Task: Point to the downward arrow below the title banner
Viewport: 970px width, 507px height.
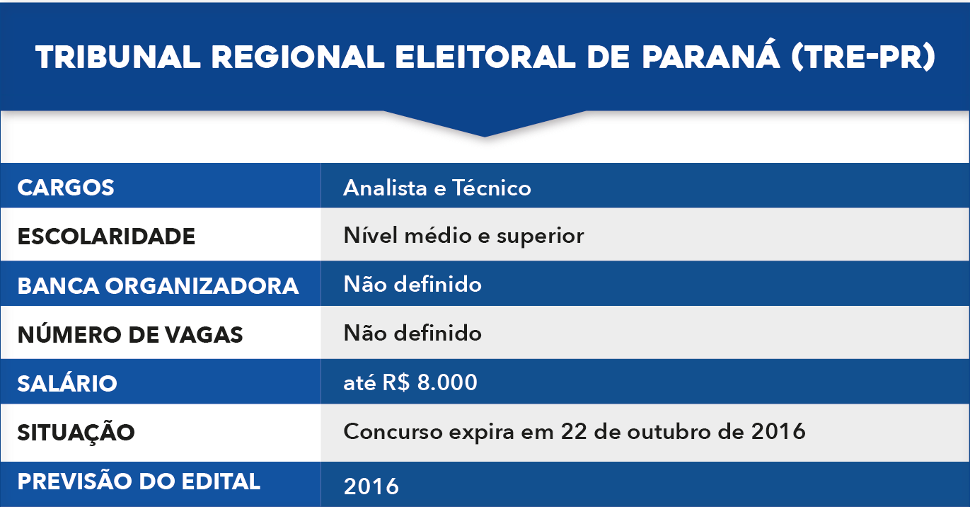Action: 485,124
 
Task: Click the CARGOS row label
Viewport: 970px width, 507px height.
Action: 66,188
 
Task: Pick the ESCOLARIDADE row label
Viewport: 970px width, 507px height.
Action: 106,236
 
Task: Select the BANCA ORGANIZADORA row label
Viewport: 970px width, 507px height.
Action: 158,285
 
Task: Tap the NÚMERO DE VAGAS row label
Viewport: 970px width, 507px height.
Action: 130,334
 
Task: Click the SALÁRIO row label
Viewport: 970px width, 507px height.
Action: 67,383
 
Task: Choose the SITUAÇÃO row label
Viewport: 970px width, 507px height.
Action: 76,431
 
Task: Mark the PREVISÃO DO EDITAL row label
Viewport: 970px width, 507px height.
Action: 139,482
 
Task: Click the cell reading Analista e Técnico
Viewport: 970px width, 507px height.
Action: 437,188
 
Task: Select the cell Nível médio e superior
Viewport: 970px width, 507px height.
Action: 463,235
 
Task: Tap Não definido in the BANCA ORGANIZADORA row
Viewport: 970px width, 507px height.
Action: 412,285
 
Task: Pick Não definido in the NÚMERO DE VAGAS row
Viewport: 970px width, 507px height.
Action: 412,333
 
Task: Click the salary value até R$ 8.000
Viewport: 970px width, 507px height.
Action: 410,383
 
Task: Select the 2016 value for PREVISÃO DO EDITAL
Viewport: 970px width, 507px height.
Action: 371,486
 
